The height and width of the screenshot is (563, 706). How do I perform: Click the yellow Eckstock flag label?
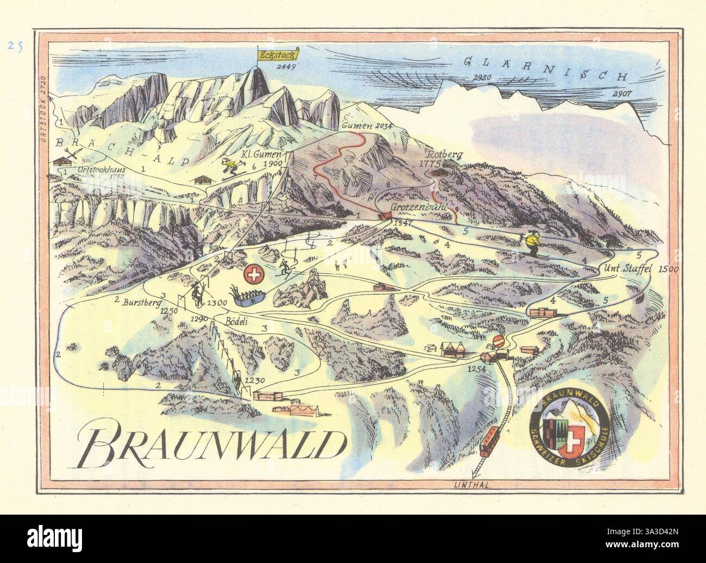pyautogui.click(x=274, y=54)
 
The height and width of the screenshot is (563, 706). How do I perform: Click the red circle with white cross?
pyautogui.click(x=253, y=275)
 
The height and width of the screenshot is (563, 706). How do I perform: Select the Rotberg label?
pyautogui.click(x=444, y=154)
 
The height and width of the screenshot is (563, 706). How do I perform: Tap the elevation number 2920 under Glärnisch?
pyautogui.click(x=482, y=78)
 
